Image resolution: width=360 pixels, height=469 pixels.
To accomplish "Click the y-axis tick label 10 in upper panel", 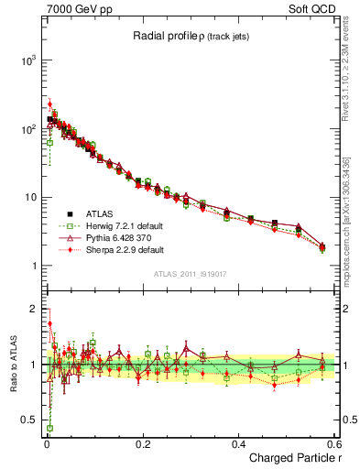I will coord(31,198).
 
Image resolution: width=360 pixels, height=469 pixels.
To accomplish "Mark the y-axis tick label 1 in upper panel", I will coord(34,267).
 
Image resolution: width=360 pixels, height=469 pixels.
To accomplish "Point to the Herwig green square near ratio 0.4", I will coord(49,428).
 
